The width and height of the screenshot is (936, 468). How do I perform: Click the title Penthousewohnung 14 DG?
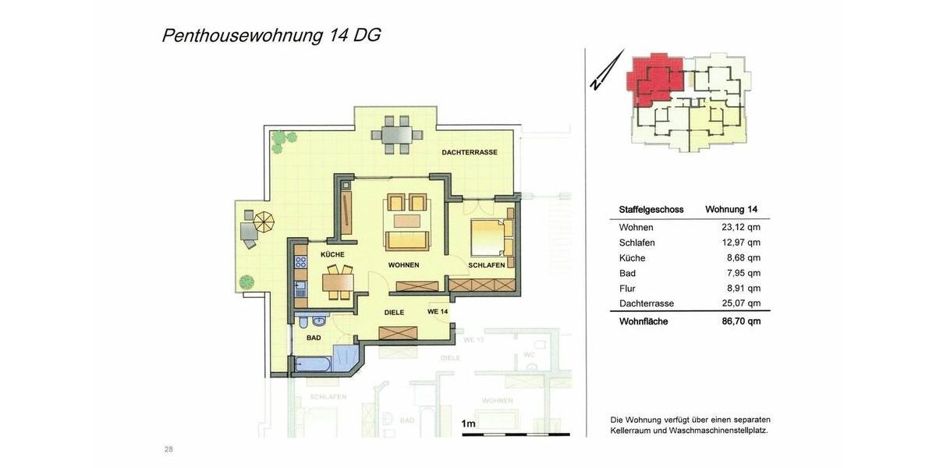tap(271, 35)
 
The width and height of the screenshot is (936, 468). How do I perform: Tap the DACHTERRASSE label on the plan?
tap(469, 152)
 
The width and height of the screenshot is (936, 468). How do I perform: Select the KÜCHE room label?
tap(331, 255)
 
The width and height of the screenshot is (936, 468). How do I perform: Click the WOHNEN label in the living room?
tap(403, 265)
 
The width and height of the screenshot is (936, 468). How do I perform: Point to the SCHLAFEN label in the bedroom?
tap(487, 266)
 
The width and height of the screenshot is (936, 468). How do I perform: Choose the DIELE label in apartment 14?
tap(393, 312)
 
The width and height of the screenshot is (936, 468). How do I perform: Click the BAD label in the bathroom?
tap(314, 339)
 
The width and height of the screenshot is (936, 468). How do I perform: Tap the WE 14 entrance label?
tap(438, 312)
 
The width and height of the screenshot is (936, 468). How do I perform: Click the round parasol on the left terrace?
tap(265, 222)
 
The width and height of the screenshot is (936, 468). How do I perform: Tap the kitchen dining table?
tap(339, 280)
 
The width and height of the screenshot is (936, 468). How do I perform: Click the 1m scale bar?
tap(516, 434)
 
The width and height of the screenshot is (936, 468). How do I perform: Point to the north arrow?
tap(607, 71)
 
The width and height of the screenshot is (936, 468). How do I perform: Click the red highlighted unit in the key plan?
tap(655, 78)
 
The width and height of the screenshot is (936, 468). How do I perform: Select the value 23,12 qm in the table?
tap(740, 228)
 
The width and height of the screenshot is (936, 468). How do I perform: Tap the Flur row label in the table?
tap(627, 288)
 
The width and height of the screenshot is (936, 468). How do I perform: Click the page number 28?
tap(168, 448)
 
